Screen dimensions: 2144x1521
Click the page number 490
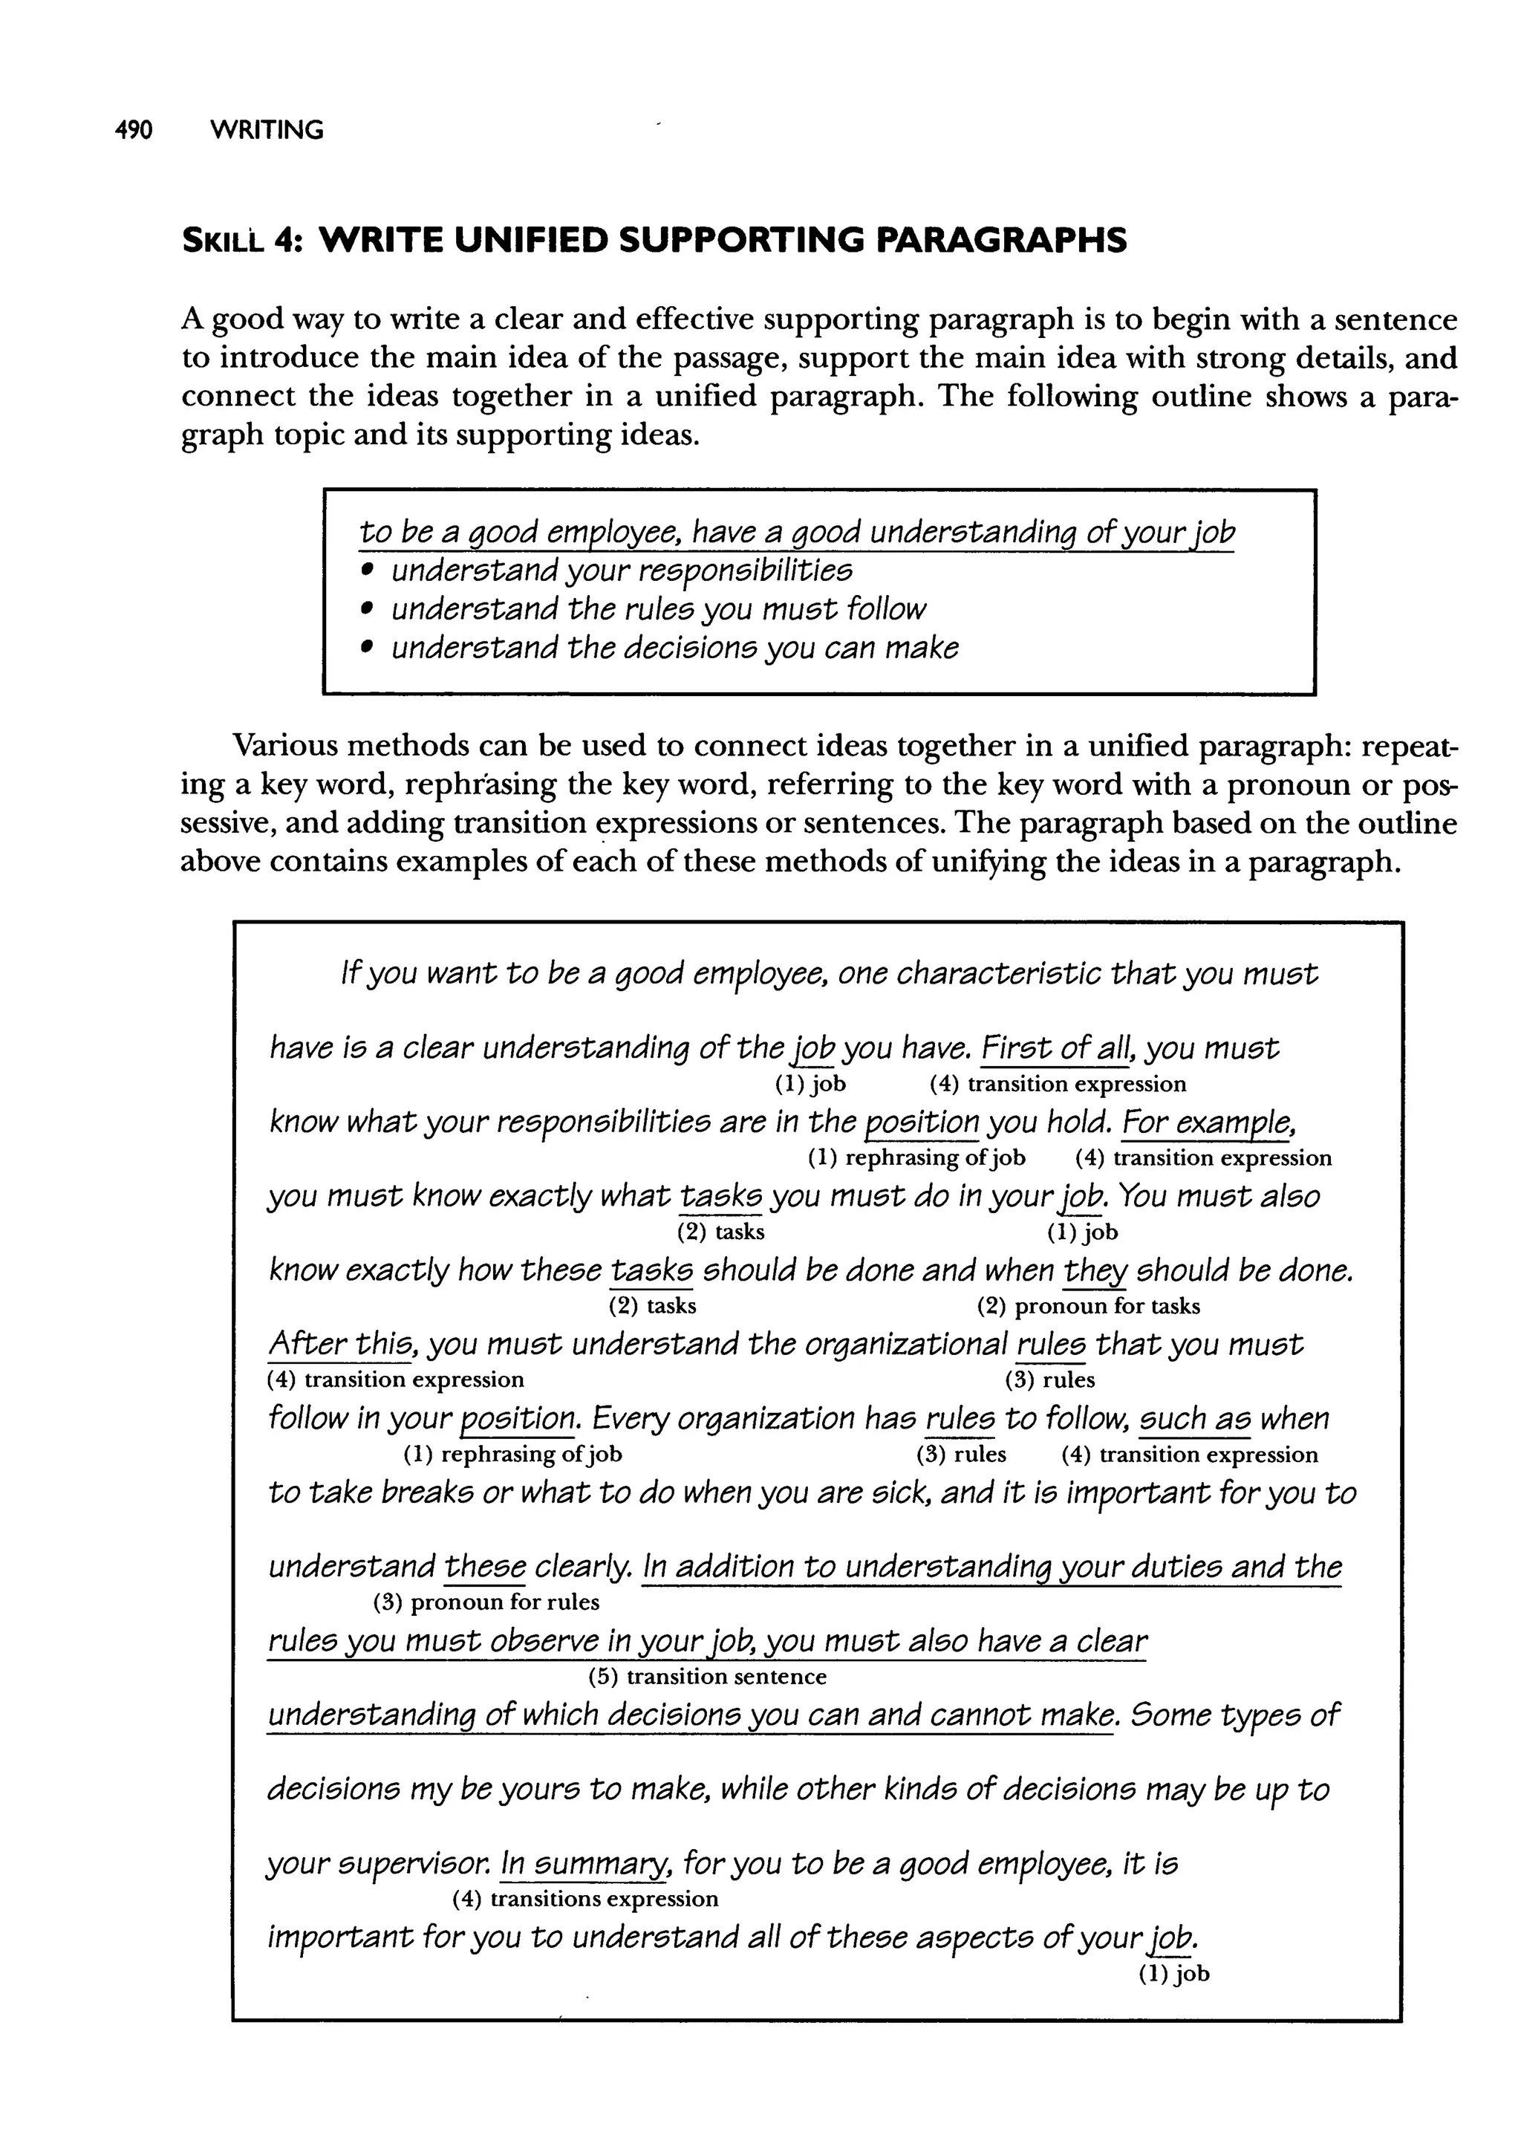133,129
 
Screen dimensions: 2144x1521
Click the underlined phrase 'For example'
1208,1121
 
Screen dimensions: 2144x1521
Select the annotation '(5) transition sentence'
707,1676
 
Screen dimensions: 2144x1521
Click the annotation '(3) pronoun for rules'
486,1602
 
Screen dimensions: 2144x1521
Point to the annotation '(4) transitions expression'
585,1899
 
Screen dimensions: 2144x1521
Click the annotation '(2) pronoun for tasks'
1088,1306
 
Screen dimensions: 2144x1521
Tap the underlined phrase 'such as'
1194,1419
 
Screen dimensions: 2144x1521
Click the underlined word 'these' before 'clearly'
485,1566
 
